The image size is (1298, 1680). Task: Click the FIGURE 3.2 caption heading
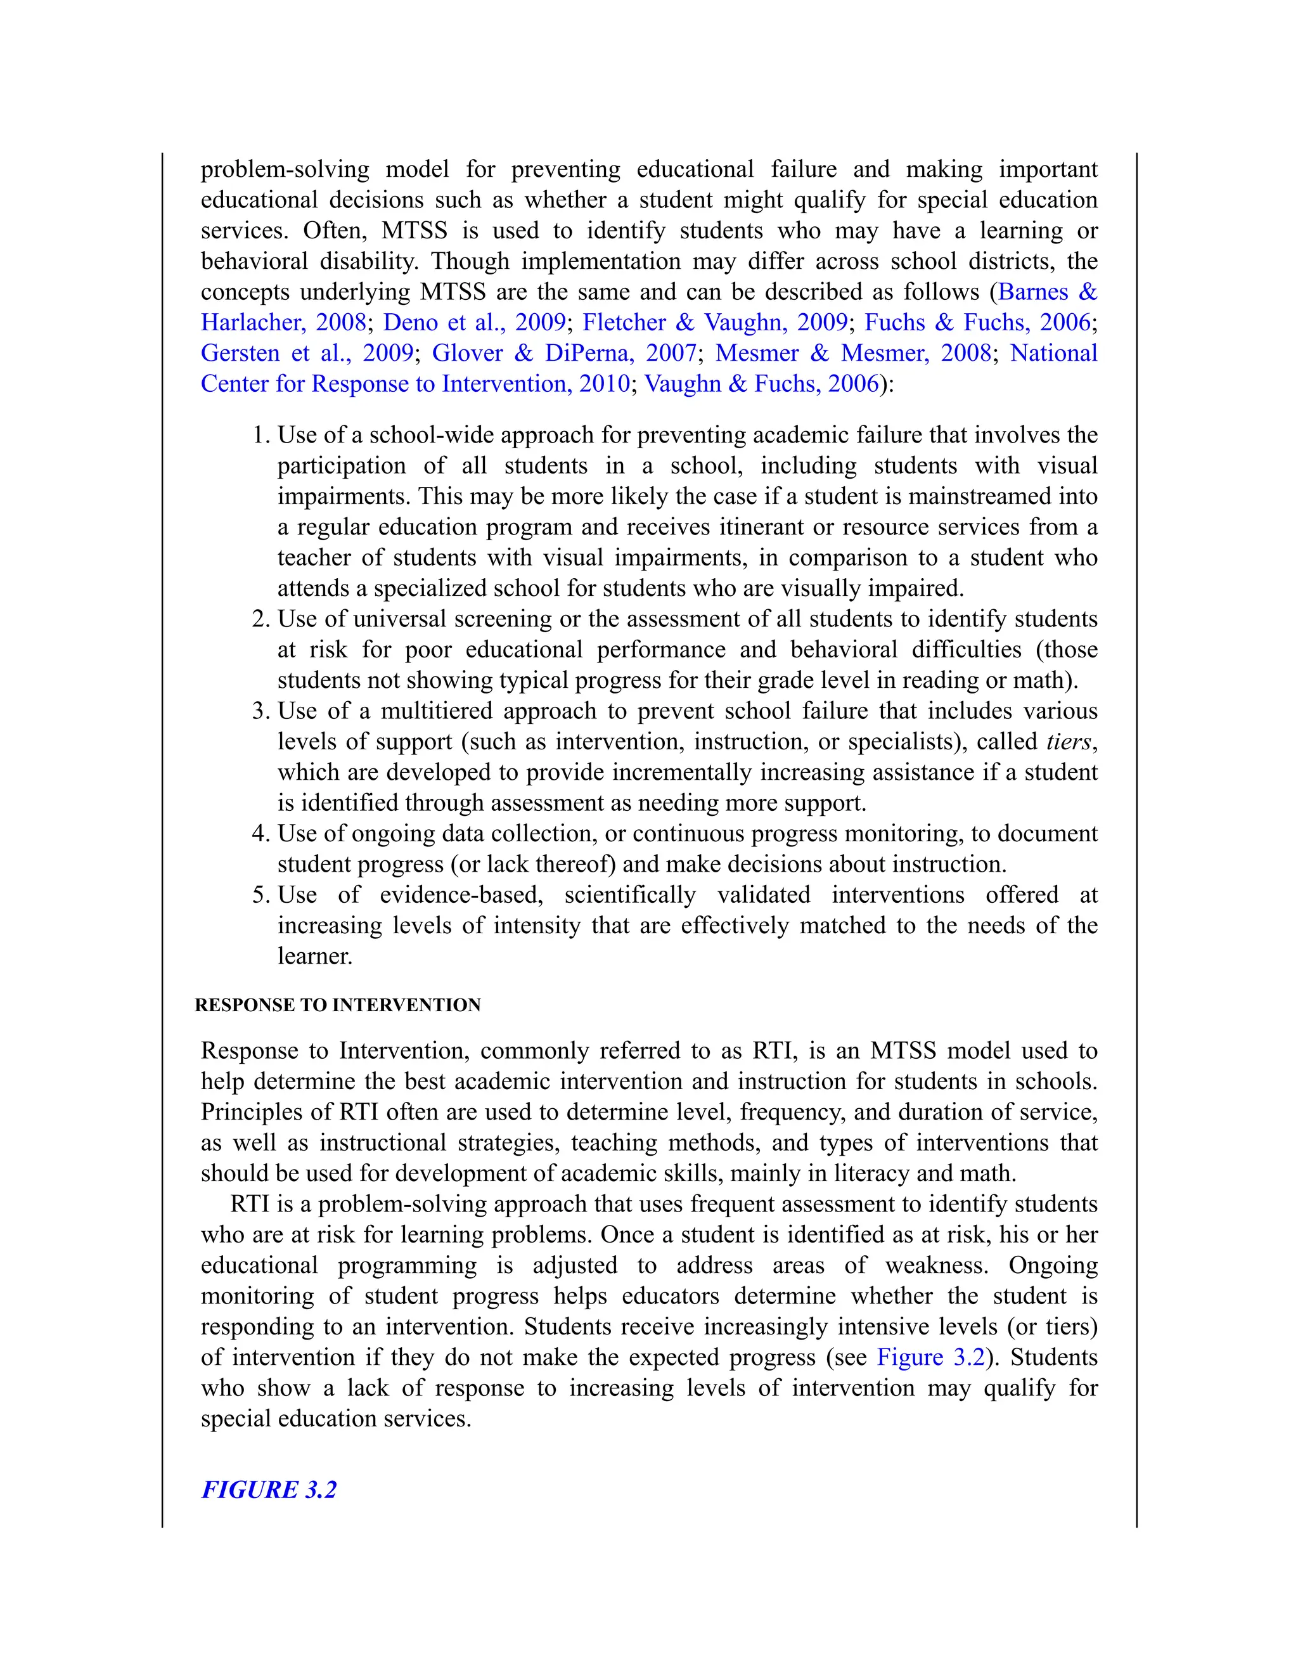point(268,1489)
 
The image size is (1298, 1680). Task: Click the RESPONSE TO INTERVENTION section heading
point(338,1005)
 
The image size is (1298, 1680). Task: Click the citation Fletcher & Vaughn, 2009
point(714,322)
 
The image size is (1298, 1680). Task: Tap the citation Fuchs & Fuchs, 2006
point(977,322)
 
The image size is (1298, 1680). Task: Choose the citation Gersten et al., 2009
point(307,353)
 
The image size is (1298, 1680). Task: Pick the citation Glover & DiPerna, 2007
point(563,353)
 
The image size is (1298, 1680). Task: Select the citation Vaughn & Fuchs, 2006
point(761,384)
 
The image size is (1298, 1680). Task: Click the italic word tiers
point(1069,742)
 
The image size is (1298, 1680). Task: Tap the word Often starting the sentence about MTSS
point(335,231)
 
